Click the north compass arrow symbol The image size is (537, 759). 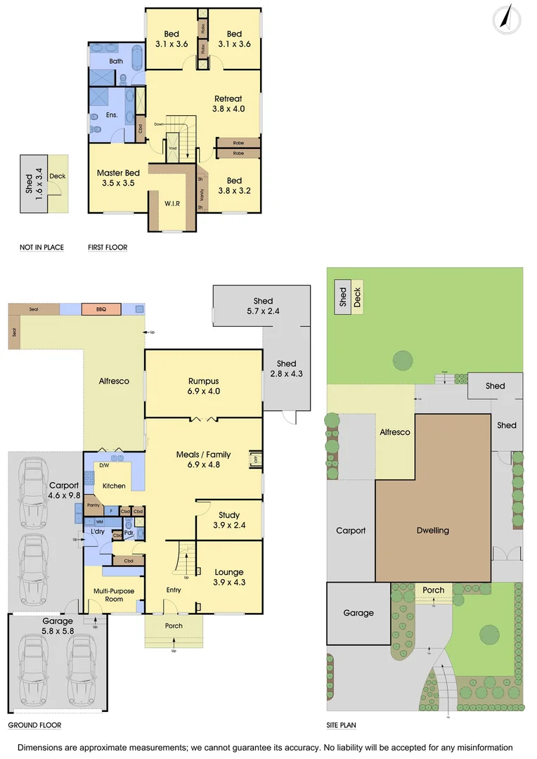(503, 18)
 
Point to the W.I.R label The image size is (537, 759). (172, 204)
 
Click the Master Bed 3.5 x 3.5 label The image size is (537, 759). (118, 178)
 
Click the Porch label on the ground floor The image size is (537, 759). (174, 625)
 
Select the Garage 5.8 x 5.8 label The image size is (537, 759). (58, 626)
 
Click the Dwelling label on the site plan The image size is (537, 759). (432, 531)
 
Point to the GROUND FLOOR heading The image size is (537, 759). (34, 725)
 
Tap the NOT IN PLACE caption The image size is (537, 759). (41, 247)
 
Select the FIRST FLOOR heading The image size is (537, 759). (108, 247)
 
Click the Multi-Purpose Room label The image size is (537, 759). (114, 595)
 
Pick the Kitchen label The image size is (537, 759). (114, 486)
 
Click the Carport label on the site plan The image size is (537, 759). (351, 531)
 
